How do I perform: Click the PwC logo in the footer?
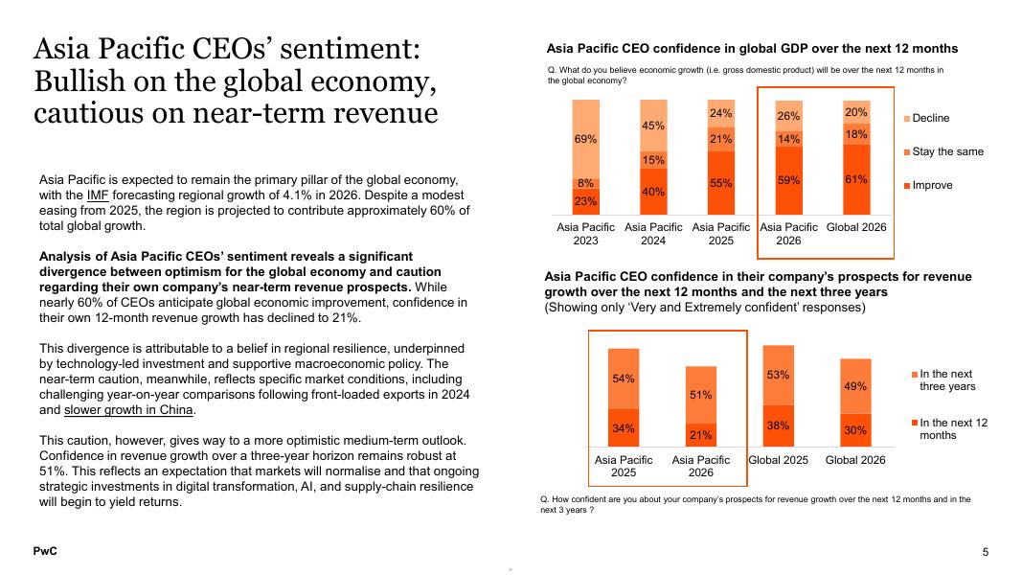point(45,551)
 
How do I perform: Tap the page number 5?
point(985,552)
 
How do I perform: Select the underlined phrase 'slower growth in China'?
point(129,410)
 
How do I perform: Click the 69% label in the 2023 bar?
point(585,139)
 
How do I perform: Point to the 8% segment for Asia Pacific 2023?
point(585,183)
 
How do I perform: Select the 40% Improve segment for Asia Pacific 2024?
point(653,192)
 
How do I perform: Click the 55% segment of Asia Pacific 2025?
point(721,182)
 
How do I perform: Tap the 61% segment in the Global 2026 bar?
point(856,179)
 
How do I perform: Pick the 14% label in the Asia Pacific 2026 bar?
point(788,138)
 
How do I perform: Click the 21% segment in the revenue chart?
point(700,435)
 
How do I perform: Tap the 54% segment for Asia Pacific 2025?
point(624,379)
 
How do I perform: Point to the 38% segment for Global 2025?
point(778,425)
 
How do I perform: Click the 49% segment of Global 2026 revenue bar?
point(855,386)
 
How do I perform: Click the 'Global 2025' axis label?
point(778,460)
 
